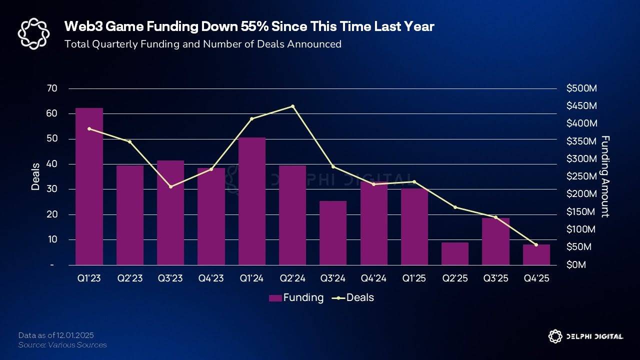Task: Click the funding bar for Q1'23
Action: pos(89,186)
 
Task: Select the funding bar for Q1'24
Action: pos(252,201)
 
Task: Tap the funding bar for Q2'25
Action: pos(455,253)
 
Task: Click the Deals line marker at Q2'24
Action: pos(292,106)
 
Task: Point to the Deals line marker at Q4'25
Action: pos(536,244)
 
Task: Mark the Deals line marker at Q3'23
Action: pos(170,186)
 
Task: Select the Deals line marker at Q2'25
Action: pos(455,207)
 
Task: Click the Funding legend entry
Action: pos(296,297)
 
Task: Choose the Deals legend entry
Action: pos(355,297)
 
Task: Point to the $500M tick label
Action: pos(581,88)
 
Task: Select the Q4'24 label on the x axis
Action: pos(373,278)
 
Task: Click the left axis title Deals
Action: pos(35,176)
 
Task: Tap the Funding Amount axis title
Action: pos(605,176)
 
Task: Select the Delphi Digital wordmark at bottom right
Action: pos(594,336)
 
